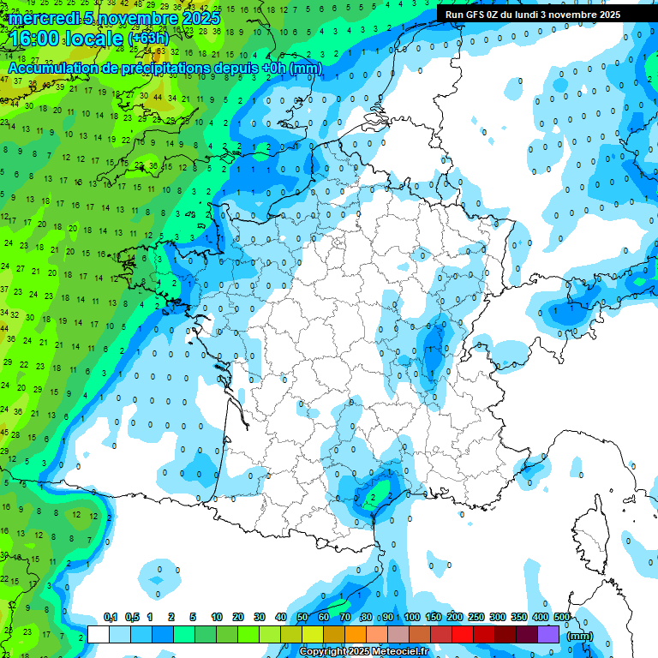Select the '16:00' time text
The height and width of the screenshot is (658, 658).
[38, 39]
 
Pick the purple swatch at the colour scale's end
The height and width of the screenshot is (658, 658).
[548, 634]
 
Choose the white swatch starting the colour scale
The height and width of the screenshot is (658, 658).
[99, 634]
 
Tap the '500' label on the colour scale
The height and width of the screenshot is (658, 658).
[562, 617]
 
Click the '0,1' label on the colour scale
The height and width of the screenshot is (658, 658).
[110, 617]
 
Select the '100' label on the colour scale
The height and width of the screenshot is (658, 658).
[412, 617]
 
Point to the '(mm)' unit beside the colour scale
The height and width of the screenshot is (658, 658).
[580, 636]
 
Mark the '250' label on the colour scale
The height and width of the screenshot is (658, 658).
[476, 617]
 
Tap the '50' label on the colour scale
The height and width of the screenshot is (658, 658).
[302, 617]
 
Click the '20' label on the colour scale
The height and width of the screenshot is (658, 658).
[238, 617]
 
